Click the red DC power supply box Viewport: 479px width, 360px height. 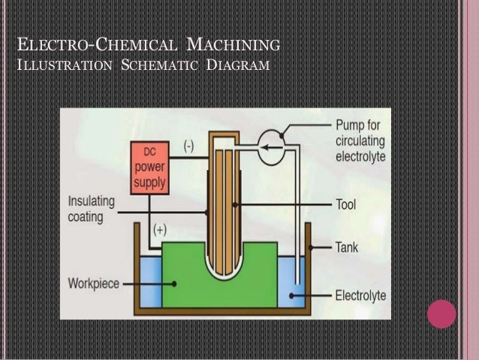click(x=149, y=168)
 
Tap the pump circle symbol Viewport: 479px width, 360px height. click(x=273, y=147)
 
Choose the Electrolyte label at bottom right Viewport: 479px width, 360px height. click(x=360, y=295)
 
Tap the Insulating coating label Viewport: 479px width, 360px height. click(x=92, y=209)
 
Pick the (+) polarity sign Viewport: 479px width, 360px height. click(x=161, y=228)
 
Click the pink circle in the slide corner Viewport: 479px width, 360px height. click(x=441, y=313)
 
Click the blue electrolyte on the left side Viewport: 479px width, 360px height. click(x=149, y=280)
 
